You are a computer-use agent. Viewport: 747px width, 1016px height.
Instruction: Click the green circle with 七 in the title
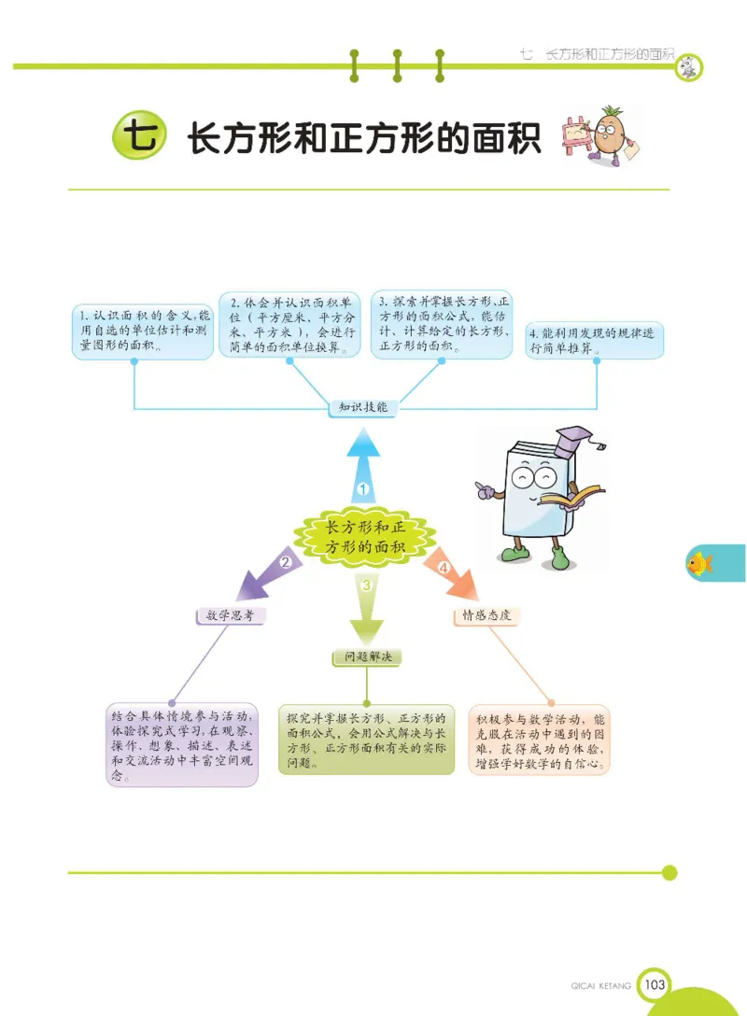click(x=136, y=138)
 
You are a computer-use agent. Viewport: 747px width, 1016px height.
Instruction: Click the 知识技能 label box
click(x=364, y=408)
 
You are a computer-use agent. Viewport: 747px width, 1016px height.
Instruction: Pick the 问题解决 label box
click(x=367, y=657)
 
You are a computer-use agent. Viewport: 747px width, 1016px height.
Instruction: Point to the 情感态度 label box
click(x=486, y=616)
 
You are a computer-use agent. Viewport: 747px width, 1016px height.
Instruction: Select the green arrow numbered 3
click(x=366, y=602)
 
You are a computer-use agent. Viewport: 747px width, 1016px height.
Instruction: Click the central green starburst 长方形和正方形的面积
click(x=364, y=538)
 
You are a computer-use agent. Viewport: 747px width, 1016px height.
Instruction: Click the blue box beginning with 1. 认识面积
click(x=142, y=331)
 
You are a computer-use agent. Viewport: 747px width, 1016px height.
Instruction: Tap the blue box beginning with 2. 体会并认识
click(x=289, y=325)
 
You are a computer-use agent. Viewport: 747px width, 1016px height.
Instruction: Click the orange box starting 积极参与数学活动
click(x=540, y=741)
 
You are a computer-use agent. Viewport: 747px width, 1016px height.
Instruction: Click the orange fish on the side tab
click(x=699, y=563)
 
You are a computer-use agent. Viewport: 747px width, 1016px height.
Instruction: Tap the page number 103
click(x=655, y=983)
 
